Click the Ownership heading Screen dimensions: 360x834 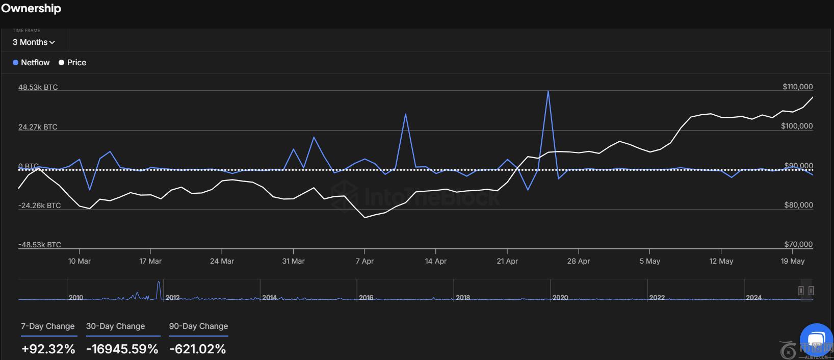coord(31,9)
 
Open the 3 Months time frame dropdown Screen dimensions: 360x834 coord(34,42)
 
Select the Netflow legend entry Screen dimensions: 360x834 coord(31,63)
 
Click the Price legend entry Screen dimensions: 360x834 coord(72,63)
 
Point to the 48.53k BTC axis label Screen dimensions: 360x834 coord(38,87)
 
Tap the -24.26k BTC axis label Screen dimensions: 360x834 coord(40,205)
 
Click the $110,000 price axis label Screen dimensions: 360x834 coord(797,87)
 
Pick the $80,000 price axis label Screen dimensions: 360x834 coord(798,205)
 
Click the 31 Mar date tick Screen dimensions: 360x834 coord(293,261)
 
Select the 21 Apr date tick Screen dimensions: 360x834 coord(507,261)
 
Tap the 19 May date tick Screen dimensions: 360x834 coord(792,261)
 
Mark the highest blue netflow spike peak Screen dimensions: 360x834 coord(548,91)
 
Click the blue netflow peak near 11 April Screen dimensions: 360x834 coord(405,114)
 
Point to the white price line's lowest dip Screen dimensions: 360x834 coord(365,218)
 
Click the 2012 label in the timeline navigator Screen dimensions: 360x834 coord(172,297)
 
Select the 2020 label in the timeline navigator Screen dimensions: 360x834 coord(560,297)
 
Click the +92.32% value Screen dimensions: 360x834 coord(48,349)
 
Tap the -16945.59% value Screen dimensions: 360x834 coord(122,349)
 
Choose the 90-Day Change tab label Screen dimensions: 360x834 coord(198,326)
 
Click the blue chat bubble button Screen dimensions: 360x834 coord(816,339)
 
